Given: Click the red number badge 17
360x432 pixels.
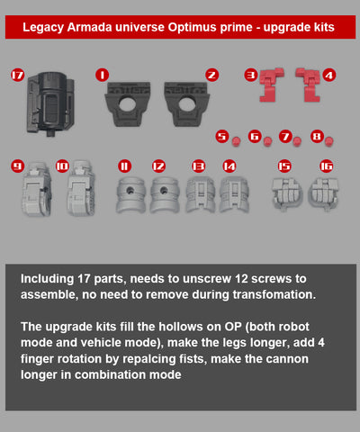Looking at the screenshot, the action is (18, 75).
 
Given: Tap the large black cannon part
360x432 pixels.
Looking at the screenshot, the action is (50, 103).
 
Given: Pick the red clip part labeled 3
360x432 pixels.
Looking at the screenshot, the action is (270, 85).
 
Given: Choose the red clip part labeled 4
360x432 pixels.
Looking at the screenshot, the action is (309, 85).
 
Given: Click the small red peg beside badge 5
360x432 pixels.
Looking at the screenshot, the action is (237, 141).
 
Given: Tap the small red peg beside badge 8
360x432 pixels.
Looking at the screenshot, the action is (329, 141).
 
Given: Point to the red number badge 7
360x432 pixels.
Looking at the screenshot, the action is (285, 137).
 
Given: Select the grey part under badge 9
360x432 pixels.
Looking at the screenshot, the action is (37, 190).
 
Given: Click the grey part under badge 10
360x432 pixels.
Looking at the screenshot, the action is (81, 188).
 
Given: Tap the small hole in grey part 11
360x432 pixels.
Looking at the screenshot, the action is (130, 190).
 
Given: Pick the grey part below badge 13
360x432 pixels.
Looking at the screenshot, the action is (201, 195).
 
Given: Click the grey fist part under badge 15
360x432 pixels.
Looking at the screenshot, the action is (287, 193).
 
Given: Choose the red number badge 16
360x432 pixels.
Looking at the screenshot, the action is (327, 166).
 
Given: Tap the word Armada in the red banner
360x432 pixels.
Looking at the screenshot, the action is (89, 27).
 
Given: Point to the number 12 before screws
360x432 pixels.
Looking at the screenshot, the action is (241, 279).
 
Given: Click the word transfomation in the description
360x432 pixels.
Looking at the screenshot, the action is (274, 294).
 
